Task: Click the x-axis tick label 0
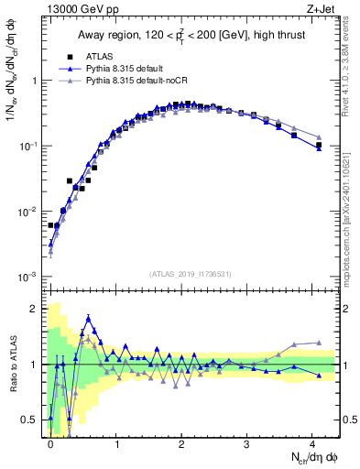[x=51, y=442]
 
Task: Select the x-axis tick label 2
[x=181, y=442]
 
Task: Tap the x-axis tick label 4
[x=312, y=442]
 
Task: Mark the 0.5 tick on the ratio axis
[x=35, y=420]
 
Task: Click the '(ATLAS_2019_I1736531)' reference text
[x=191, y=274]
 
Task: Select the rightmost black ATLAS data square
[x=319, y=146]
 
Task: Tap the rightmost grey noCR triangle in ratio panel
[x=319, y=343]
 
